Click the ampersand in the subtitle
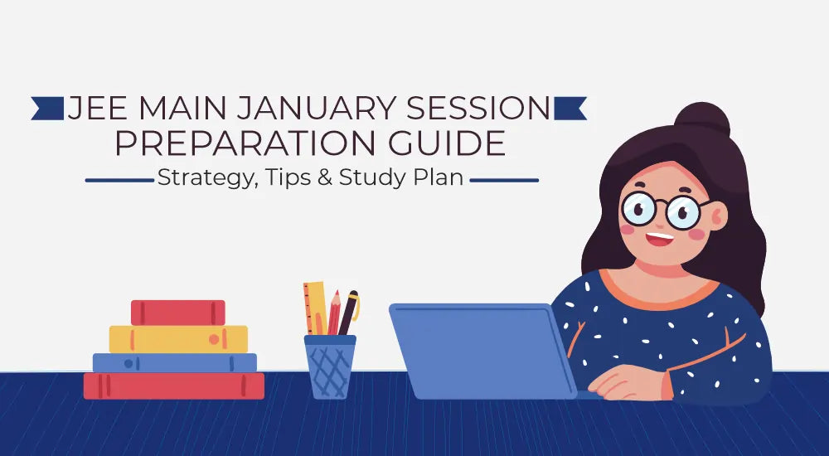324,178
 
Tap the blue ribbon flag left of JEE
48,108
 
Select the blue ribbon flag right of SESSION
570,108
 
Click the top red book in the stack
178,313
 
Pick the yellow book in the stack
178,338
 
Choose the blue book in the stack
174,362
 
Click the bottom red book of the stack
174,386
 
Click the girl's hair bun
702,120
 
